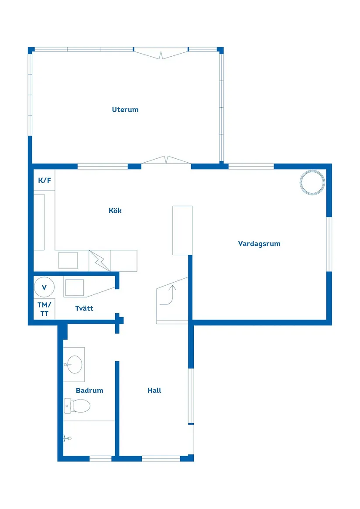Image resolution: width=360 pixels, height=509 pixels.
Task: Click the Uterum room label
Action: point(125,109)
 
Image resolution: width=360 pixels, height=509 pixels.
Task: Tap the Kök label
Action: point(115,211)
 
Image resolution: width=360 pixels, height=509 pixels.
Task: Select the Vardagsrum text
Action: point(259,243)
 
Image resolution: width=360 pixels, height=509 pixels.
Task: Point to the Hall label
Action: point(154,390)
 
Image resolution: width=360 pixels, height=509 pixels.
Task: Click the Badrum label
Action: point(89,390)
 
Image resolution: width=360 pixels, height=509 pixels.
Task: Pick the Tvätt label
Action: point(84,308)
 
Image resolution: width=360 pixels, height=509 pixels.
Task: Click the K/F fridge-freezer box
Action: point(45,180)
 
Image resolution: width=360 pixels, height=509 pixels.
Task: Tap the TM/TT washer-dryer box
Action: point(45,309)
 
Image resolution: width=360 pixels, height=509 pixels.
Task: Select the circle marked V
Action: point(44,287)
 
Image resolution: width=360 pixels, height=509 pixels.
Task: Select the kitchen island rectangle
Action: point(182,230)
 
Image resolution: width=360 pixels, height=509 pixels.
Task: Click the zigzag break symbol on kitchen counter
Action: point(99,261)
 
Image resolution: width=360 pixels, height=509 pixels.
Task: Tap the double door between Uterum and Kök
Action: point(166,161)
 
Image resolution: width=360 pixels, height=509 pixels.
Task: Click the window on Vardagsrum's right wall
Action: point(329,244)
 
